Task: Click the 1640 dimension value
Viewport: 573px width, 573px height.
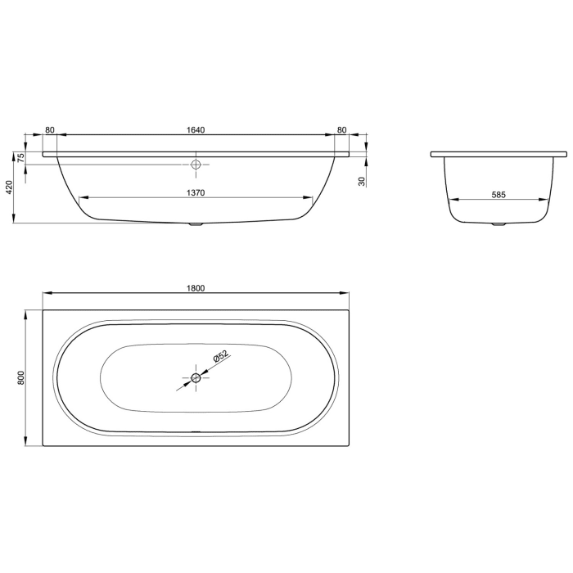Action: click(x=195, y=130)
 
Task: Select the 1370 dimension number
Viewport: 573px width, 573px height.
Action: click(x=195, y=193)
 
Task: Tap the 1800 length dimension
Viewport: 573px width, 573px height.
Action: click(x=195, y=288)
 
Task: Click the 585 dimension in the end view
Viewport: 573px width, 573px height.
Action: click(x=499, y=194)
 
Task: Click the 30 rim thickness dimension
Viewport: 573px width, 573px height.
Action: click(x=361, y=181)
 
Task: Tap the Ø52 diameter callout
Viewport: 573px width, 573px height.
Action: click(x=219, y=356)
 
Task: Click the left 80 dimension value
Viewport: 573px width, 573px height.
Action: click(x=50, y=130)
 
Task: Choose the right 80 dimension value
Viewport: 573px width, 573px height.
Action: click(x=341, y=130)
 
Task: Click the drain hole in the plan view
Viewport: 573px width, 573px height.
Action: click(x=196, y=377)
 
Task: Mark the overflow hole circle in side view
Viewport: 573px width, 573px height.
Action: click(x=196, y=165)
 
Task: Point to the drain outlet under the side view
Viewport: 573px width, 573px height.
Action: click(x=196, y=224)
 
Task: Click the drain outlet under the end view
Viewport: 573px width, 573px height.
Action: click(x=499, y=224)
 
